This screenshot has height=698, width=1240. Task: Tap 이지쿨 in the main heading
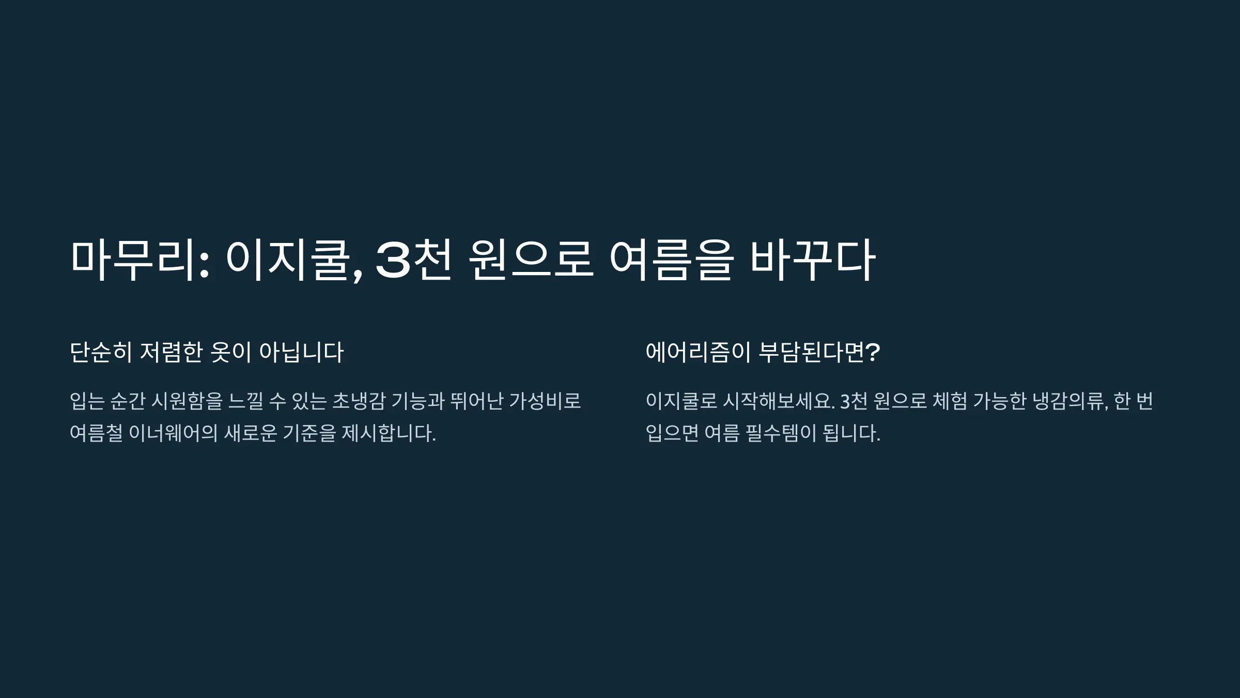point(292,260)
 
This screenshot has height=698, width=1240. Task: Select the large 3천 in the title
point(413,260)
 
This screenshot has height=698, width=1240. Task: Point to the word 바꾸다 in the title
point(812,260)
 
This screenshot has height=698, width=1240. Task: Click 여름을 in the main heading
point(672,260)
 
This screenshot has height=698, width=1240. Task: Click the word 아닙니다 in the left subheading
point(301,353)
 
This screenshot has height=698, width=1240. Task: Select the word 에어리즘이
point(698,353)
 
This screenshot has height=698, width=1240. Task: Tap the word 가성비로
point(545,401)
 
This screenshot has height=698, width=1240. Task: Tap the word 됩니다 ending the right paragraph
point(851,433)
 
